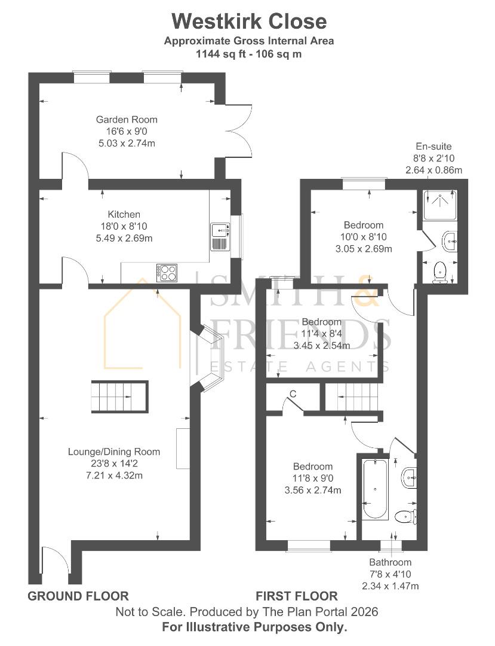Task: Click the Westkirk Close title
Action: point(249,22)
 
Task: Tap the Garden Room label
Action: point(127,120)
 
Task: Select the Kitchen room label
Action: point(124,214)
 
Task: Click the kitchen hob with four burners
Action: point(167,273)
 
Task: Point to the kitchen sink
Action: point(220,237)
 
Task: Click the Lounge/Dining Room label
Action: point(114,452)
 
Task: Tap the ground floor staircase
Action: point(119,397)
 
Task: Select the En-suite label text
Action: point(433,147)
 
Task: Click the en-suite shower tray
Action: point(439,205)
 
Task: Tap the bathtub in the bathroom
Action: point(375,489)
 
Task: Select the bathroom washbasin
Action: point(410,478)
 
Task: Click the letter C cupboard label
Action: point(293,394)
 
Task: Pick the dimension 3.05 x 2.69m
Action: point(364,249)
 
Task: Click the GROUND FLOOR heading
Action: point(78,596)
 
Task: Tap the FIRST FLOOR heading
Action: point(297,596)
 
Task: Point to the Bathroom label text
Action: point(390,562)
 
